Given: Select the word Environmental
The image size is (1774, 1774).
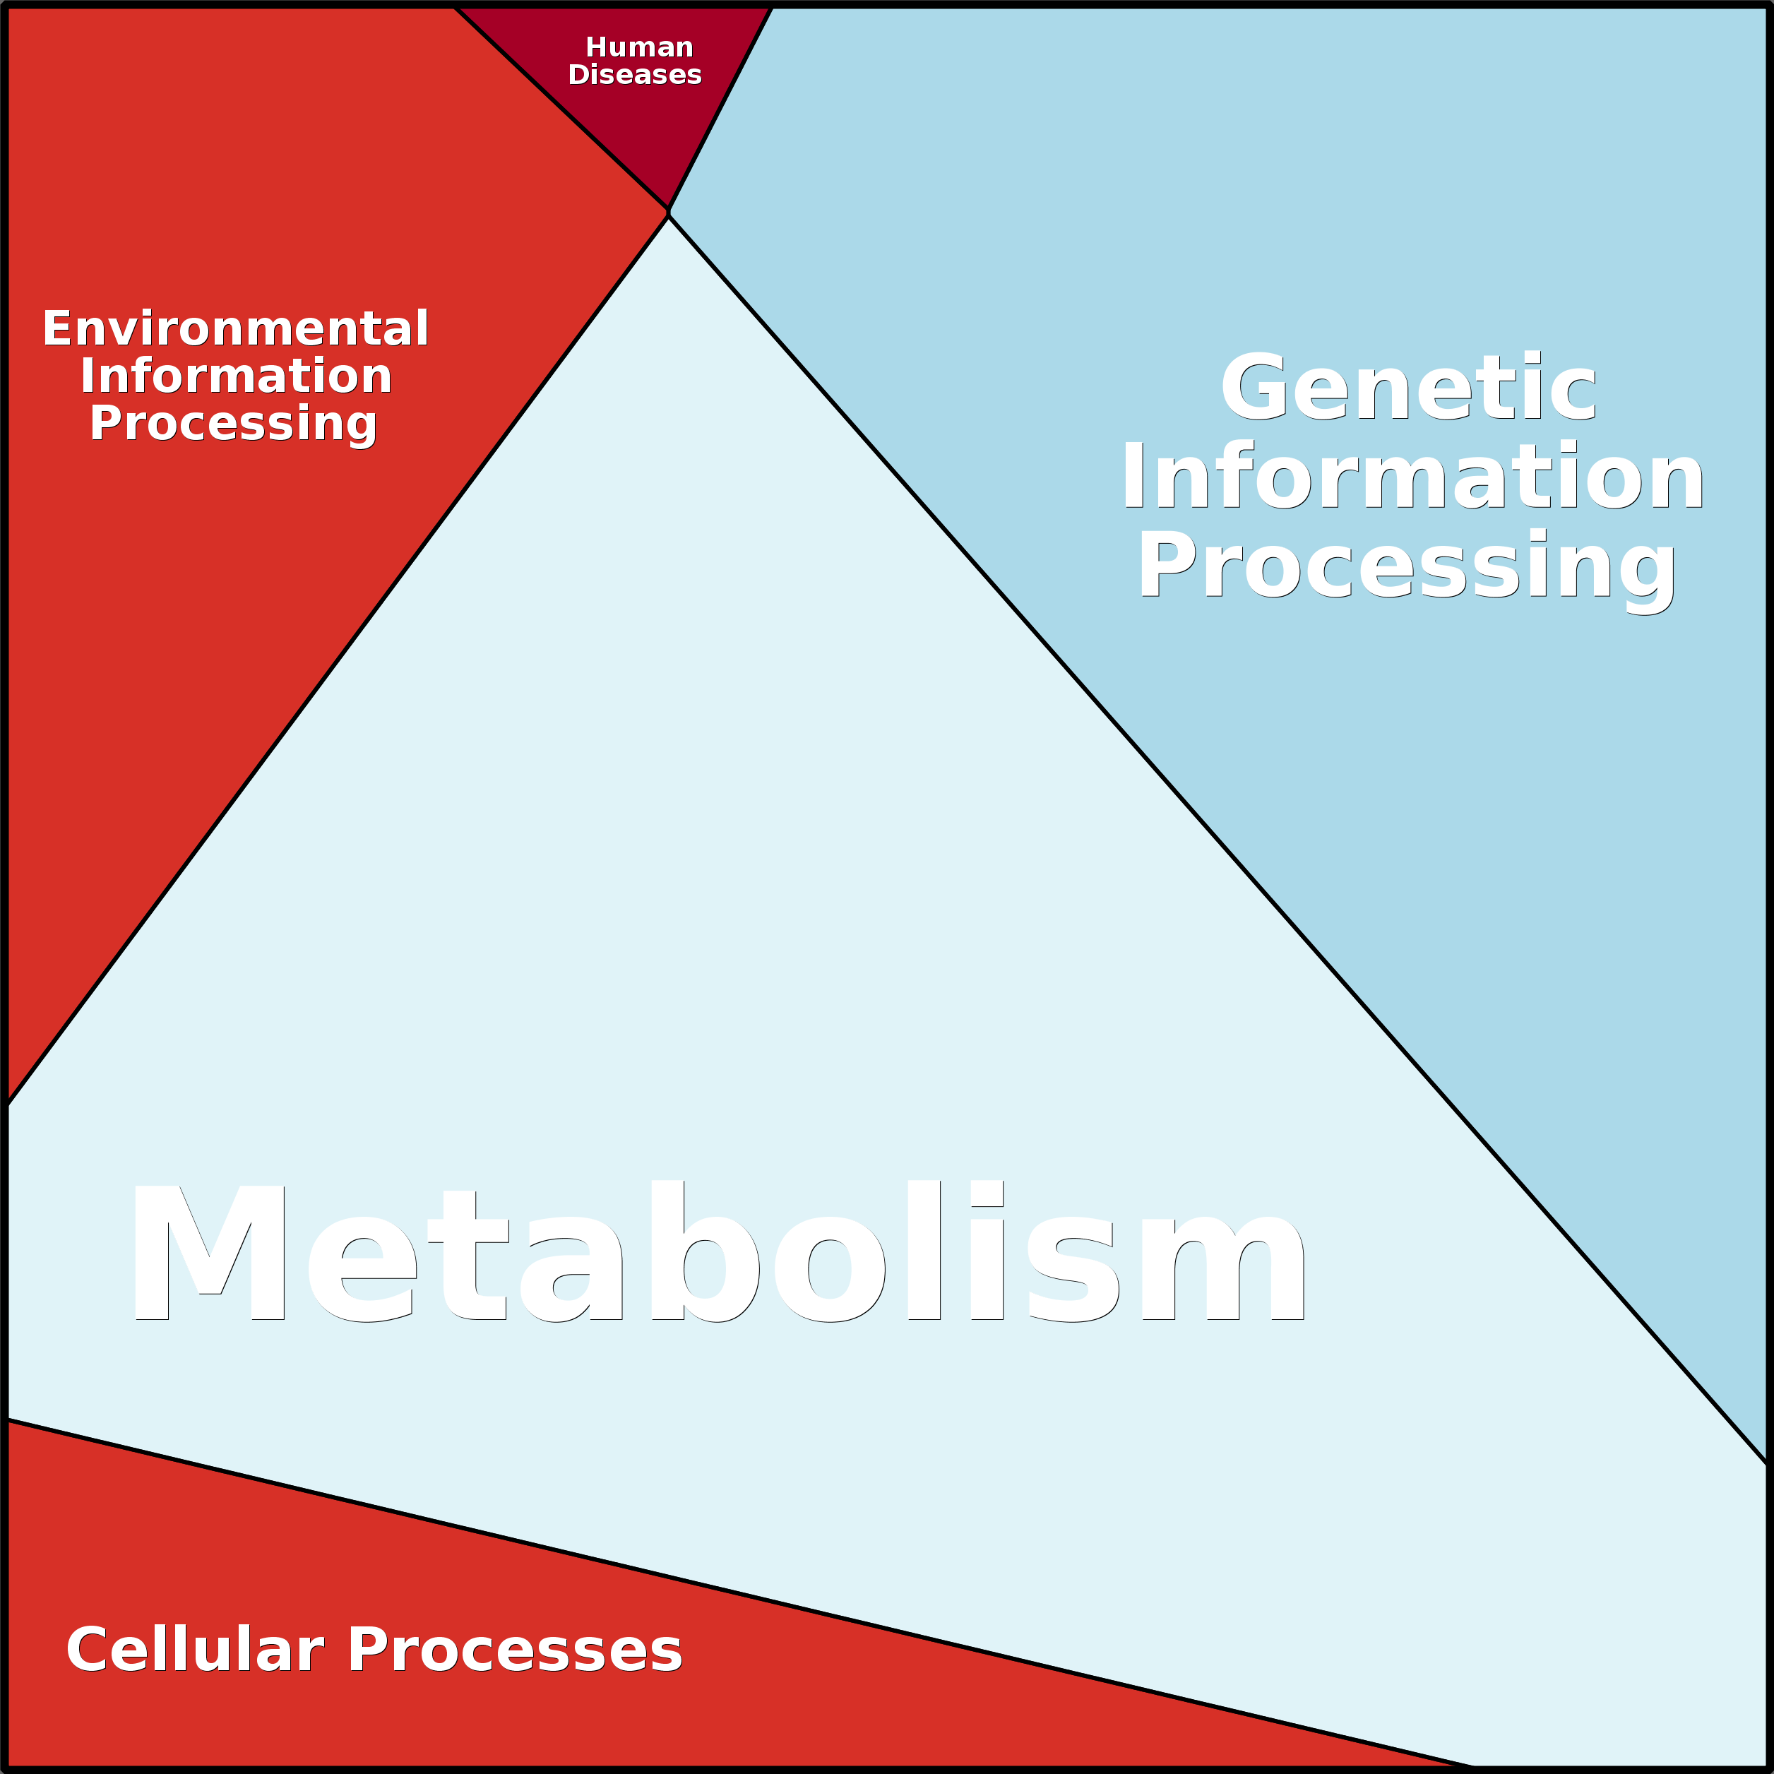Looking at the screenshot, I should tap(236, 328).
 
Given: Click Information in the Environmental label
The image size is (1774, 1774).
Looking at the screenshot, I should tap(236, 376).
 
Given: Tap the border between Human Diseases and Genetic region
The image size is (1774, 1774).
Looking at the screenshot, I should tap(720, 108).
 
